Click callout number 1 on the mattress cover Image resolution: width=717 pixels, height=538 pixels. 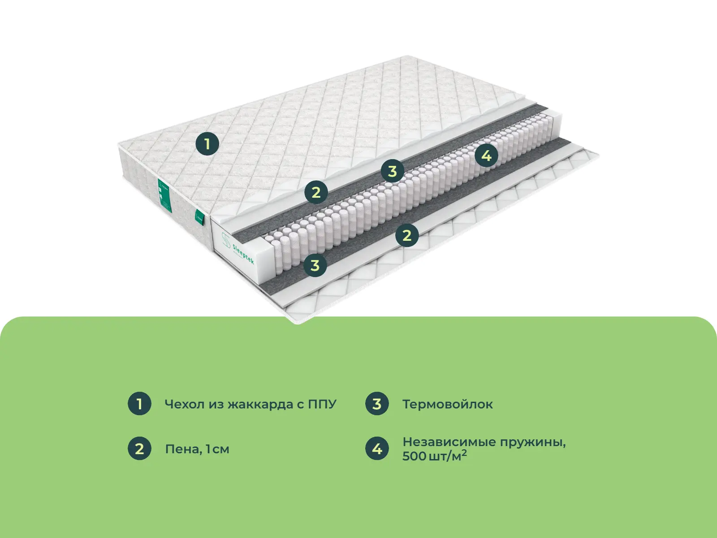coord(207,144)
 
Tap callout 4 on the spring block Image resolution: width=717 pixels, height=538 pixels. coord(486,156)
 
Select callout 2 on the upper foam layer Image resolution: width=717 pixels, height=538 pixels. coord(316,192)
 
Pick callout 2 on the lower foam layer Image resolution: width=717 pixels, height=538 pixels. coord(407,235)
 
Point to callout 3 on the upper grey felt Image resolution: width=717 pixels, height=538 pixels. coord(393,171)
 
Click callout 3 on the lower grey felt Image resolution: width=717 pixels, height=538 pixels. coord(315,265)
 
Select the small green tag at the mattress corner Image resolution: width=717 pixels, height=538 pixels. coord(199,217)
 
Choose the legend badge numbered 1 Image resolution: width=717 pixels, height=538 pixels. coord(139,403)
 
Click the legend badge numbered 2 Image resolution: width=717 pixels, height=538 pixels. coord(139,448)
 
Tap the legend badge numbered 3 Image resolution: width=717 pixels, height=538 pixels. coord(377,403)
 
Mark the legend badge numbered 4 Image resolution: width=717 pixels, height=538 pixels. coord(377,448)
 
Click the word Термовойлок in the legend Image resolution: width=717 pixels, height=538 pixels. coord(447,404)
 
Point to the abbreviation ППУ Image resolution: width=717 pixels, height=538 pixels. coord(322,404)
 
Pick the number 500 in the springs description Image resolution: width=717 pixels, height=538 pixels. coord(414,456)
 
